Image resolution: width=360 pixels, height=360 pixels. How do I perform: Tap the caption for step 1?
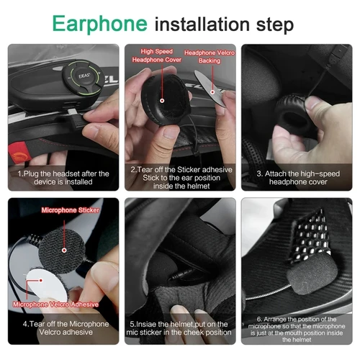(63, 178)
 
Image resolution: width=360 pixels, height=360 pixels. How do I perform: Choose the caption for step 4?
(63, 328)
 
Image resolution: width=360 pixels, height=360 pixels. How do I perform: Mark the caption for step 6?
(297, 329)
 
